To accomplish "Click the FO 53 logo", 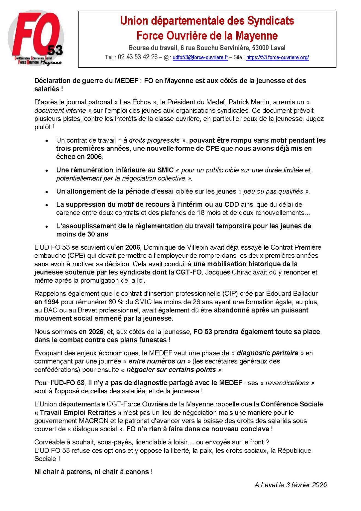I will pyautogui.click(x=36, y=38).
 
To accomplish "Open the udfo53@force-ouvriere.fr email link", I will pyautogui.click(x=200, y=58).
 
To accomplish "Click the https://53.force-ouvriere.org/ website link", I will pyautogui.click(x=277, y=58).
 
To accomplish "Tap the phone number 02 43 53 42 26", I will pyautogui.click(x=138, y=57).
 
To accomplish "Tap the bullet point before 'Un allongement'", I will pyautogui.click(x=47, y=192).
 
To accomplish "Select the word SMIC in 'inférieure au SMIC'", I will pyautogui.click(x=165, y=170).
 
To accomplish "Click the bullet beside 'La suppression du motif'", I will pyautogui.click(x=47, y=205).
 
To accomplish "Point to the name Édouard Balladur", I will pyautogui.click(x=294, y=294).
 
